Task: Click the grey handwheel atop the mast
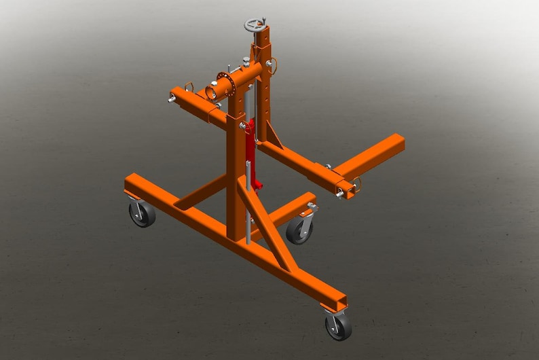pos(256,26)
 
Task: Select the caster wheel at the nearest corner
pos(337,326)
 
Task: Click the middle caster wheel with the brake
pos(299,230)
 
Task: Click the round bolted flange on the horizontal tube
pos(225,84)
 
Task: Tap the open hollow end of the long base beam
pos(337,302)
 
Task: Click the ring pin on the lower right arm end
pos(356,184)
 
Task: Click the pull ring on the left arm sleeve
pos(188,86)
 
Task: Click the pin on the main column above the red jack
pos(242,126)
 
